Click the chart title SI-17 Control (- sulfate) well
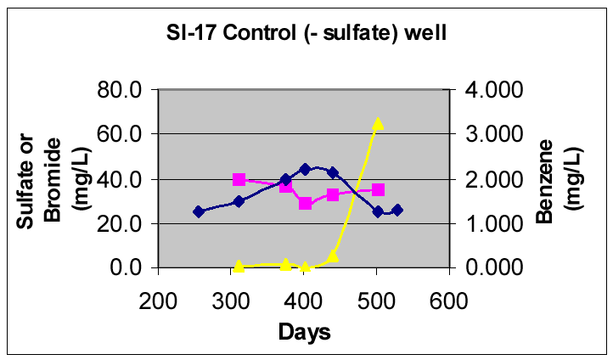(x=306, y=35)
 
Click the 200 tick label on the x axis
(x=158, y=300)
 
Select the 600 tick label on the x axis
(x=450, y=300)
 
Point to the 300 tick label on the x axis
(x=231, y=300)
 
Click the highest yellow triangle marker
(x=378, y=124)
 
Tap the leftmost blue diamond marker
(x=199, y=211)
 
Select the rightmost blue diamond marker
(x=397, y=210)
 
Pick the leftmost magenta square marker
(x=239, y=179)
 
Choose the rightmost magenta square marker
(x=378, y=189)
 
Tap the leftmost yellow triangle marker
(x=239, y=266)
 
